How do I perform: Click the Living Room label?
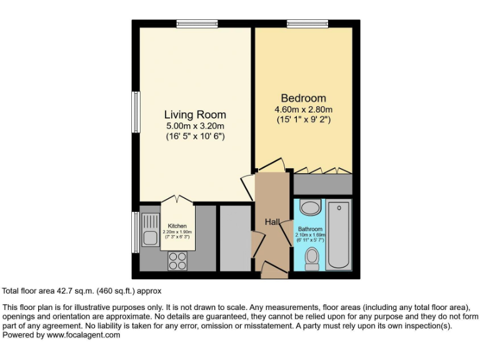click(195, 114)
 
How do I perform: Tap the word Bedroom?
click(303, 98)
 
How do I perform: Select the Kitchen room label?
click(177, 226)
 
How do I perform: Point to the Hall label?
click(272, 222)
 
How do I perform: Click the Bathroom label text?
click(310, 229)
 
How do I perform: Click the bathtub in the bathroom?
click(339, 234)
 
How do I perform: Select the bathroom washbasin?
click(310, 207)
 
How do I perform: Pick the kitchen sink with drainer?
click(150, 229)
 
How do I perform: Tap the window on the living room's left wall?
click(135, 112)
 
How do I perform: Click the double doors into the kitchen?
click(177, 201)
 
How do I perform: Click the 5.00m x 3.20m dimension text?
click(195, 126)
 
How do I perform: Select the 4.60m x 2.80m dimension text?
click(303, 109)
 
